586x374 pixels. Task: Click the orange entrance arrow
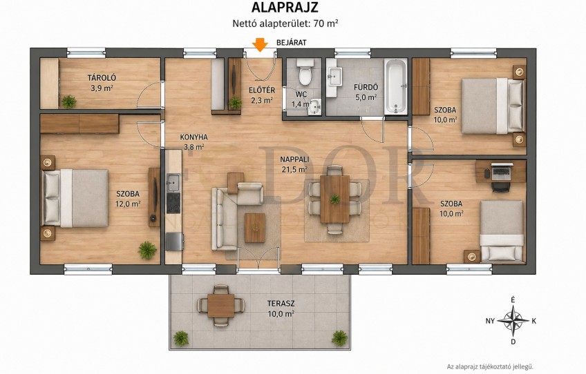tap(260, 44)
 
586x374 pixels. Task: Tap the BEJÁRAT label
tap(291, 43)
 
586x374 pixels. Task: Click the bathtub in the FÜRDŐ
tap(396, 86)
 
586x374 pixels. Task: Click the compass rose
tap(513, 320)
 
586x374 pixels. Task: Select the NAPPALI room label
tap(294, 159)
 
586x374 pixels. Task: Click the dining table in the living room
tap(334, 199)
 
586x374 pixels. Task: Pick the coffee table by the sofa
tap(255, 228)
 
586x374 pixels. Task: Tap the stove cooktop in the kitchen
tap(173, 203)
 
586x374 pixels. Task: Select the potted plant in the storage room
tap(69, 101)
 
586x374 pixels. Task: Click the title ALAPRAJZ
tap(285, 8)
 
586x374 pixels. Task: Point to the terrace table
tap(221, 305)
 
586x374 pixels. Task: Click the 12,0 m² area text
tap(129, 204)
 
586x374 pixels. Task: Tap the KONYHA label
tap(193, 137)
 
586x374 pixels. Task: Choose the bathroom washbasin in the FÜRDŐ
tap(335, 77)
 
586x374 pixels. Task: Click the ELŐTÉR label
tap(262, 90)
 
